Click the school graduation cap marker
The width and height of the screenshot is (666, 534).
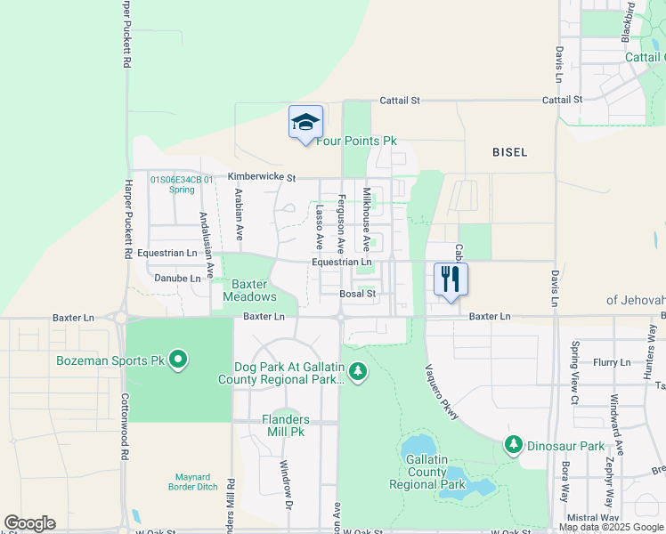pyautogui.click(x=305, y=122)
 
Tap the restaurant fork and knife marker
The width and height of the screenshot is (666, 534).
pyautogui.click(x=451, y=279)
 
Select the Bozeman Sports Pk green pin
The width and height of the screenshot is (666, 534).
pyautogui.click(x=178, y=360)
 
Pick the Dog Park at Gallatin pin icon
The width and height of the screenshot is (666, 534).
pyautogui.click(x=358, y=369)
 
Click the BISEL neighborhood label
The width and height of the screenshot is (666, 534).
pyautogui.click(x=509, y=152)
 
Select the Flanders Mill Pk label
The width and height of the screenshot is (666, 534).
pyautogui.click(x=285, y=425)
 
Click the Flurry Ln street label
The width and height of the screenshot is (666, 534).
pyautogui.click(x=612, y=362)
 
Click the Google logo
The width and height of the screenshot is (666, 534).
pyautogui.click(x=29, y=523)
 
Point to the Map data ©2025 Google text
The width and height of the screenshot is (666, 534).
pyautogui.click(x=611, y=527)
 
